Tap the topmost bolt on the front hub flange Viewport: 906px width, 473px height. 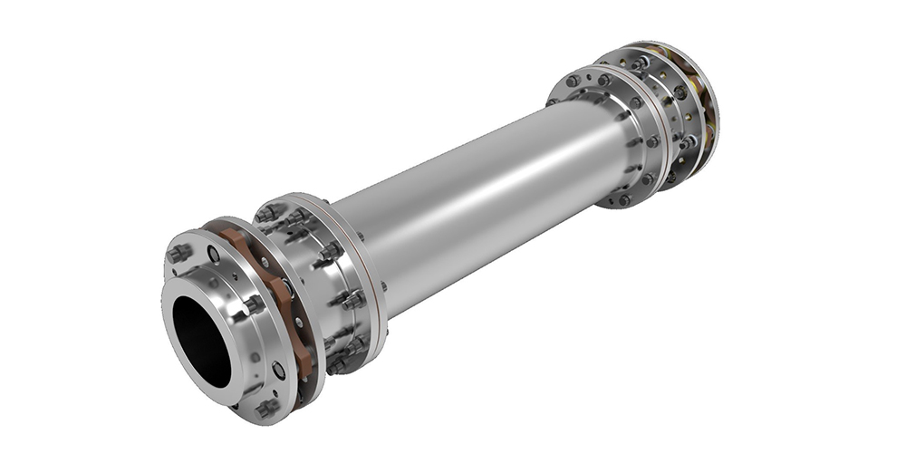(178, 253)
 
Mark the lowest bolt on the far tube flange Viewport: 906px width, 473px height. (623, 199)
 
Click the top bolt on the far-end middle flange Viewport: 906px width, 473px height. (641, 63)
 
